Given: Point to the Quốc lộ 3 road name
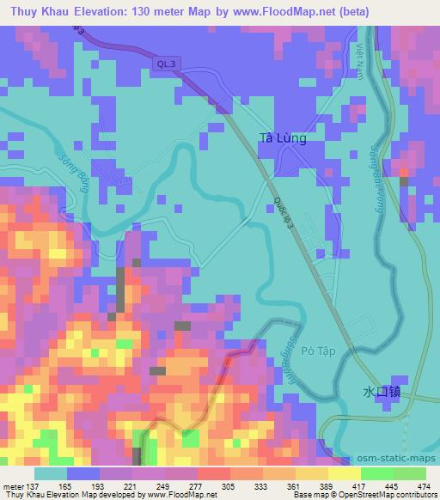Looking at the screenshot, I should [x=284, y=211].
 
